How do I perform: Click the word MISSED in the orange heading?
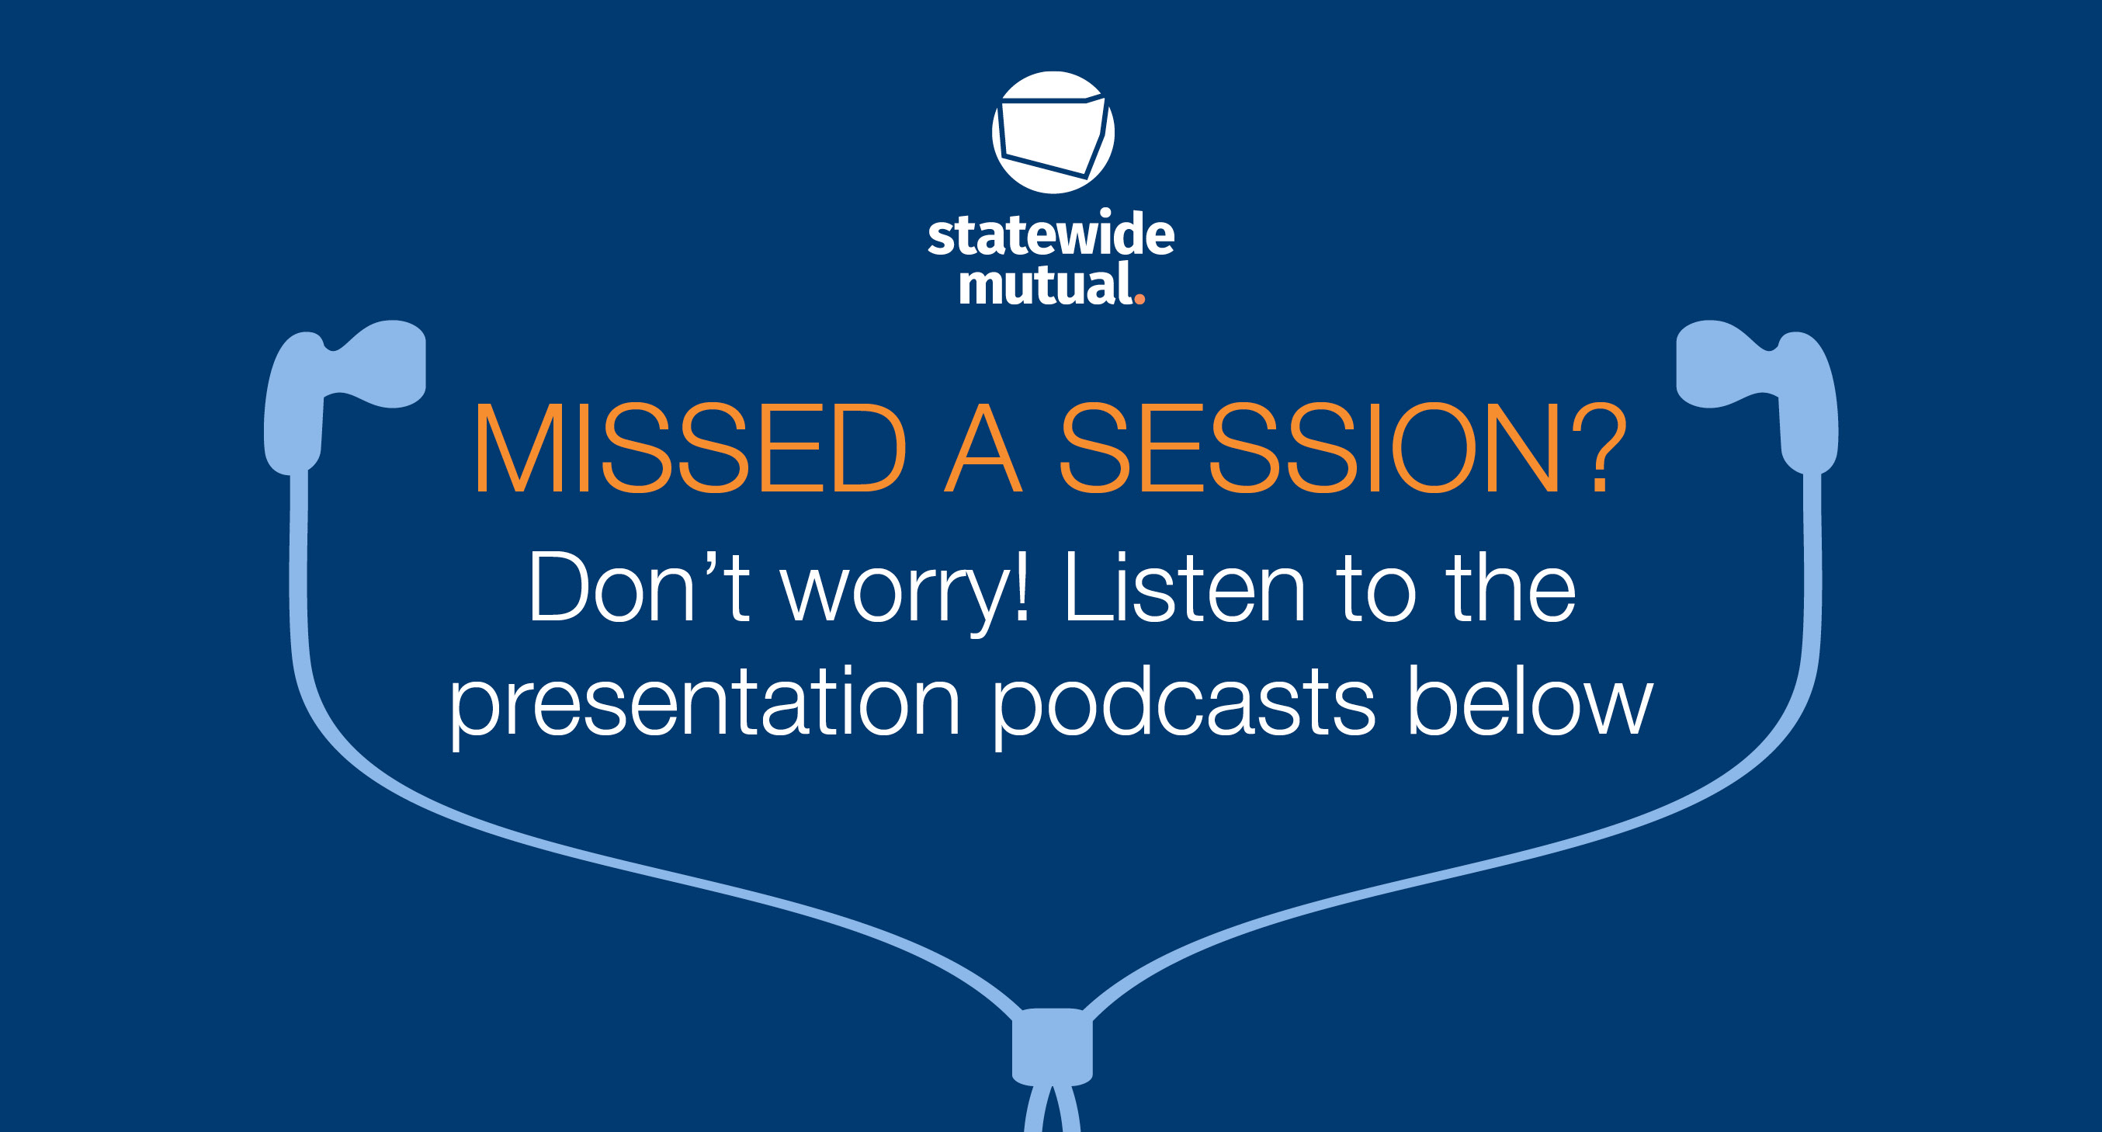(690, 447)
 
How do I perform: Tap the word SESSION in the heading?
(1310, 447)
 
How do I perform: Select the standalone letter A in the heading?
(983, 447)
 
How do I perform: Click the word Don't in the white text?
(639, 587)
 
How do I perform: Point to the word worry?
(894, 596)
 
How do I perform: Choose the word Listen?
(1185, 587)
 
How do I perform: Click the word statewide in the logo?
(1051, 234)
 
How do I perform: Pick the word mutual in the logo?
(1046, 283)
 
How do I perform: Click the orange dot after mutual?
(1140, 300)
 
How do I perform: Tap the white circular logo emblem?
(1053, 132)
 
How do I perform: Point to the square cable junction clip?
(1053, 1048)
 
